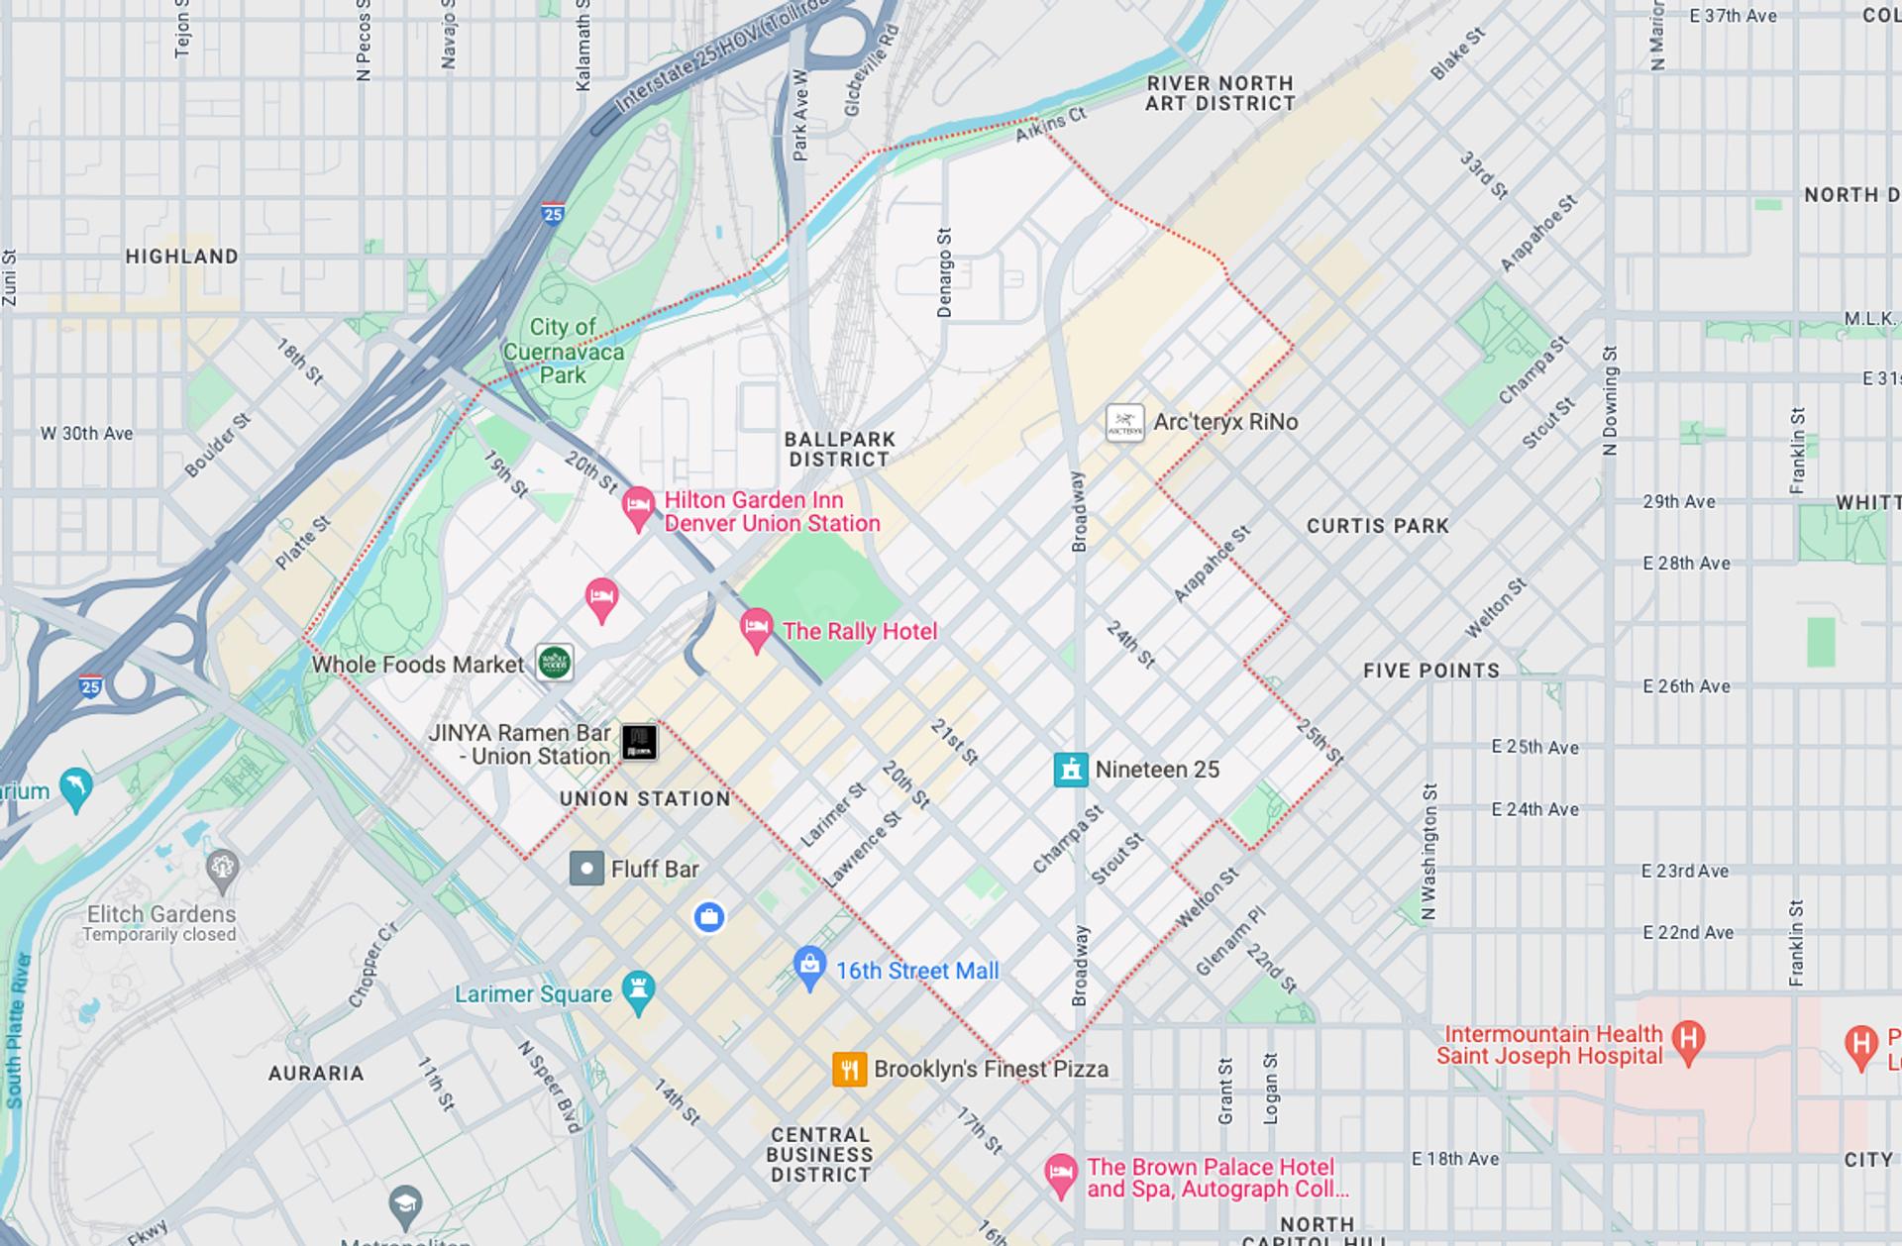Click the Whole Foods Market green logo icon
click(x=555, y=663)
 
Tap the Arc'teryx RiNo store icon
click(x=1124, y=423)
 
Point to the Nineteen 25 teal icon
click(x=1070, y=770)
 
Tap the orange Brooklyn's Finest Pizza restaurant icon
click(x=849, y=1070)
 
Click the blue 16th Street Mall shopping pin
click(x=810, y=967)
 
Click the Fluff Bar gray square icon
click(x=586, y=869)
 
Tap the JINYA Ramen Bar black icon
click(x=639, y=742)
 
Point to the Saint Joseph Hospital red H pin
click(x=1688, y=1040)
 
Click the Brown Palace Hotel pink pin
click(x=1061, y=1175)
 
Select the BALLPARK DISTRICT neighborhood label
click(x=839, y=449)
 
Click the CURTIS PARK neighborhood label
click(x=1377, y=526)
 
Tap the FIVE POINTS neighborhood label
click(x=1430, y=671)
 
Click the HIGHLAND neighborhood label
click(x=181, y=257)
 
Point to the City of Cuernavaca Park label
click(x=563, y=351)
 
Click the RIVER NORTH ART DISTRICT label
click(x=1219, y=93)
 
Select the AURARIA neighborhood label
click(x=316, y=1073)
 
